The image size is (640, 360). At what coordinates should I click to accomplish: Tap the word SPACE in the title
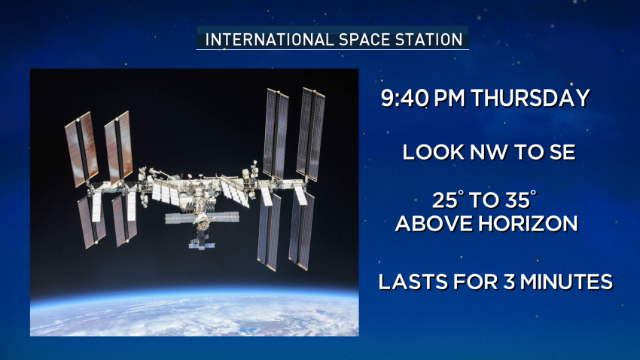pyautogui.click(x=364, y=40)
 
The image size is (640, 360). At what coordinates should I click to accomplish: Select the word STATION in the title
pyautogui.click(x=428, y=40)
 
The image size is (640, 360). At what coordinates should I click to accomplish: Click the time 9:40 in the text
pyautogui.click(x=404, y=99)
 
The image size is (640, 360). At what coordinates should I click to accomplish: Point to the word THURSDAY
pyautogui.click(x=531, y=99)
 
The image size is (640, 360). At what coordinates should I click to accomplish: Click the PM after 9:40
pyautogui.click(x=450, y=99)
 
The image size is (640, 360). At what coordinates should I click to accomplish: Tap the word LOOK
pyautogui.click(x=434, y=152)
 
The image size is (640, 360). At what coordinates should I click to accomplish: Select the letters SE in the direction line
pyautogui.click(x=562, y=152)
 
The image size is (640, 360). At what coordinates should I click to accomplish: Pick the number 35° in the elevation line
pyautogui.click(x=520, y=200)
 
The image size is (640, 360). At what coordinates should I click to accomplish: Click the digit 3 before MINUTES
pyautogui.click(x=508, y=282)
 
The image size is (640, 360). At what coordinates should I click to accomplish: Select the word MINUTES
pyautogui.click(x=566, y=282)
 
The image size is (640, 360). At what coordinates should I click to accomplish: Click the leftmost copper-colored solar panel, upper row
pyautogui.click(x=81, y=149)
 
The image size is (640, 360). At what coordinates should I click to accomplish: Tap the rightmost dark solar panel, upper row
pyautogui.click(x=311, y=134)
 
